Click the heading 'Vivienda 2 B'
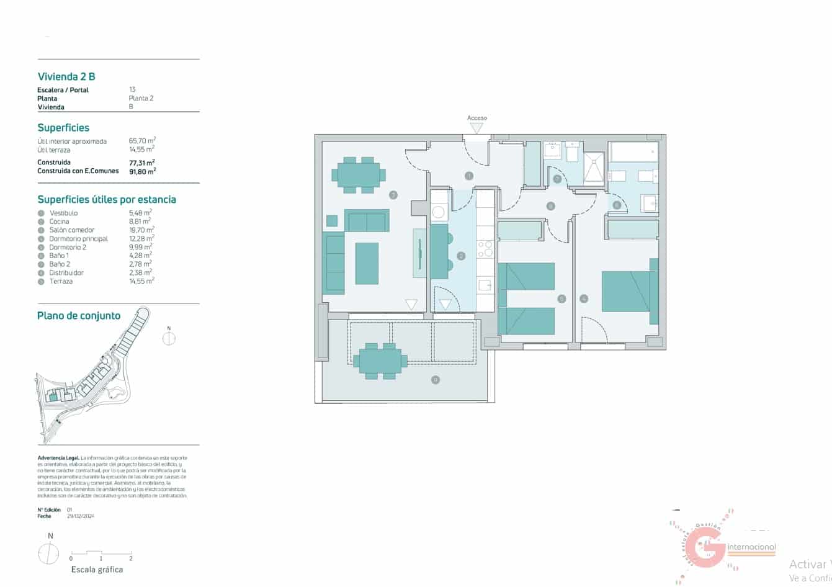tap(66, 77)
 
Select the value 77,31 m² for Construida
tap(141, 163)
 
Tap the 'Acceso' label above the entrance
tap(476, 118)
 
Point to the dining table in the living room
tap(359, 174)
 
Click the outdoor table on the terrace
tap(380, 361)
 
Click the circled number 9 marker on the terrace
tap(436, 380)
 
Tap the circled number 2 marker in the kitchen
tap(461, 256)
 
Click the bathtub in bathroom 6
tap(633, 152)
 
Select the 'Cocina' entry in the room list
tap(60, 222)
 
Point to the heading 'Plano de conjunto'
tap(79, 316)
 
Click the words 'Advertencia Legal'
tap(58, 458)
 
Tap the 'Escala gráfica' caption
tap(97, 570)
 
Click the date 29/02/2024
tap(80, 516)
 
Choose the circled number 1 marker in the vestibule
tap(469, 176)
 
